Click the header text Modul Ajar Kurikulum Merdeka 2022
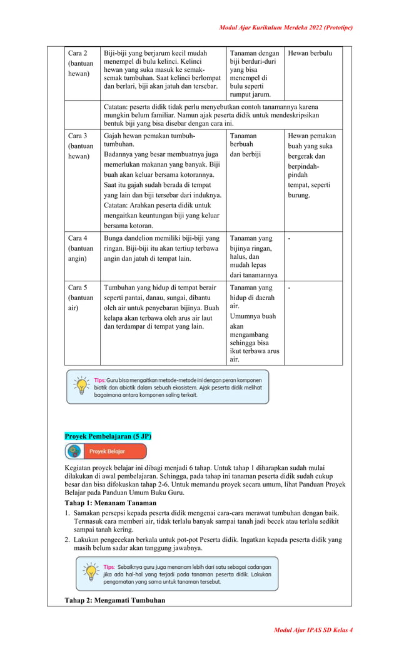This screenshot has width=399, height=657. click(x=286, y=28)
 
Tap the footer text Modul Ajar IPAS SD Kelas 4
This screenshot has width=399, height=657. click(x=313, y=629)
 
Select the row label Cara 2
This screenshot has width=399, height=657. click(x=78, y=53)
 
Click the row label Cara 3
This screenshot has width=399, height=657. click(x=78, y=136)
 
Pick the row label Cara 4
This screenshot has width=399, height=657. click(x=78, y=238)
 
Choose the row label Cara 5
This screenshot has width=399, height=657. click(x=78, y=288)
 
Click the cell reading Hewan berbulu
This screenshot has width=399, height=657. click(x=310, y=53)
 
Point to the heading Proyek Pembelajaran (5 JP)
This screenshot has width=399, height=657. click(x=108, y=436)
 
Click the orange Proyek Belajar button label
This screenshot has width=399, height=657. click(x=107, y=451)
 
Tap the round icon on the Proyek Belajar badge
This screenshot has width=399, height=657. click(x=74, y=451)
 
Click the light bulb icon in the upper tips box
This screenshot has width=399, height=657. click(x=81, y=385)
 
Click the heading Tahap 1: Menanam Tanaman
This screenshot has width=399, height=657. click(x=110, y=503)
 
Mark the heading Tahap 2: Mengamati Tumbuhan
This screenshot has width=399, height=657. click(x=114, y=601)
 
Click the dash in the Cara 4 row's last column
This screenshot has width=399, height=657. click(x=289, y=238)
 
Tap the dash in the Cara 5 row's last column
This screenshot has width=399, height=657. click(x=289, y=288)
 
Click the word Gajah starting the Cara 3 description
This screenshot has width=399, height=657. click(x=114, y=136)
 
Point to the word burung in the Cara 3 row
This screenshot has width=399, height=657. click(x=299, y=195)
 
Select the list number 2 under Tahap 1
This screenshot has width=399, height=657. click(x=68, y=539)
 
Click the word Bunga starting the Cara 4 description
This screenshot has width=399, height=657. click(x=114, y=238)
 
